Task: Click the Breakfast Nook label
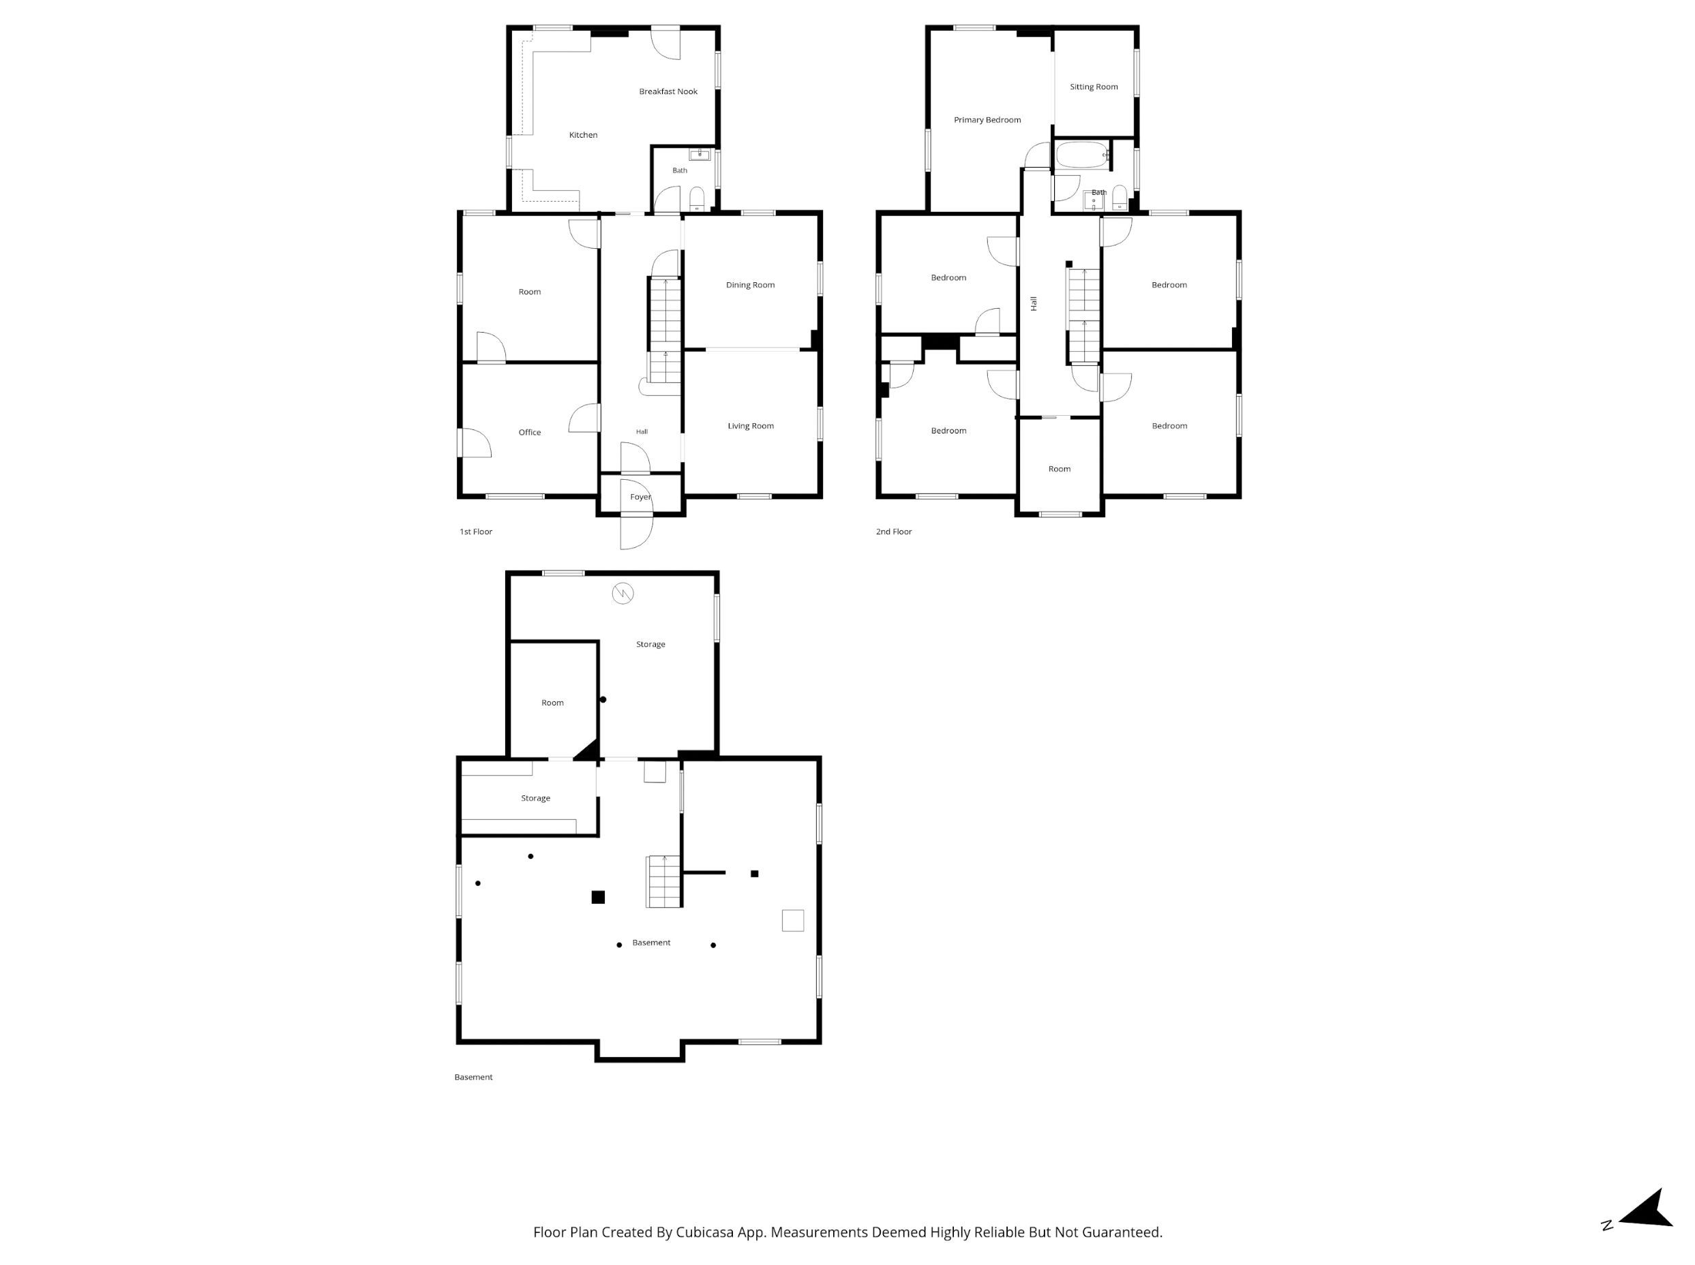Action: click(668, 92)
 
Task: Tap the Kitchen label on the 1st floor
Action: click(583, 136)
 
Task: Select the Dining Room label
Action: click(750, 286)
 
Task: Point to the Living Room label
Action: click(750, 427)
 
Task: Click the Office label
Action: click(529, 433)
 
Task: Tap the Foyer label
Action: click(640, 497)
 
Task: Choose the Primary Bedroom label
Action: click(987, 120)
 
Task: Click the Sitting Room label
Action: click(1093, 87)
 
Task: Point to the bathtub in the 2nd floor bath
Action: click(1082, 155)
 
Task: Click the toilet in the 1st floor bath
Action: click(696, 198)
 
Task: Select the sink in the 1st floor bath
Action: click(700, 155)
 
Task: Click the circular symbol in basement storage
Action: click(622, 594)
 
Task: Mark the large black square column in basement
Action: click(597, 898)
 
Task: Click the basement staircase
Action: click(663, 881)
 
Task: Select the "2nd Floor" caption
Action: click(893, 532)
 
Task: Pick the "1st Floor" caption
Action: click(476, 532)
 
